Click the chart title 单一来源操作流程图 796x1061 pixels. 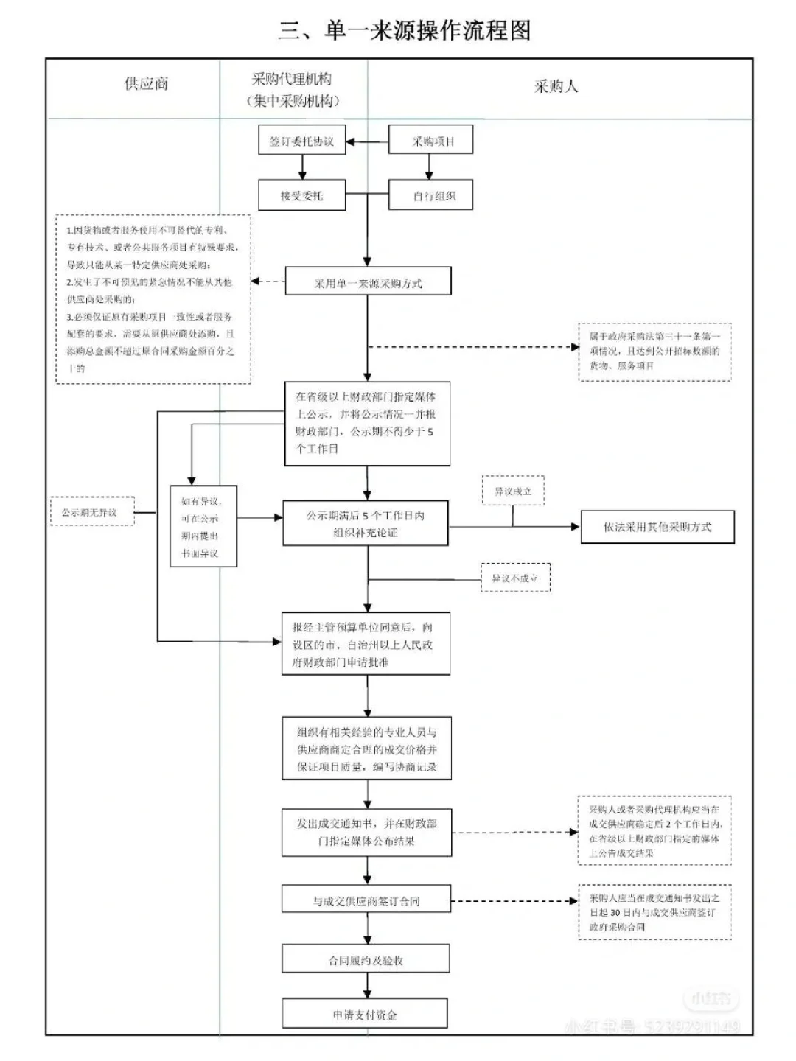point(404,30)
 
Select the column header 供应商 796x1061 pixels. point(146,84)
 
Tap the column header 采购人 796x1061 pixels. point(556,87)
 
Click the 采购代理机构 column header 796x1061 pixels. point(292,90)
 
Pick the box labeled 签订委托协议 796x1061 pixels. point(302,141)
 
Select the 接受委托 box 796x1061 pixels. point(301,196)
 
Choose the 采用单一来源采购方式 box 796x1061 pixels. point(368,282)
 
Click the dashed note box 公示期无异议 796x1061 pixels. point(92,511)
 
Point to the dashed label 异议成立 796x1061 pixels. point(513,491)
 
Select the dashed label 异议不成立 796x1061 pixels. point(515,578)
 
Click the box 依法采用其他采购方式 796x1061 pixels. point(657,527)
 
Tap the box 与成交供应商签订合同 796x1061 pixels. point(366,900)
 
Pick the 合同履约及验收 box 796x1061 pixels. point(366,960)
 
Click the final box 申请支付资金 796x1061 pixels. point(365,1014)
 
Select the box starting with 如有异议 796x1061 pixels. point(203,526)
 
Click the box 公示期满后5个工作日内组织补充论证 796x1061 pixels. point(366,524)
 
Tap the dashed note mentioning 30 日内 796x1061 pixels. point(654,912)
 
